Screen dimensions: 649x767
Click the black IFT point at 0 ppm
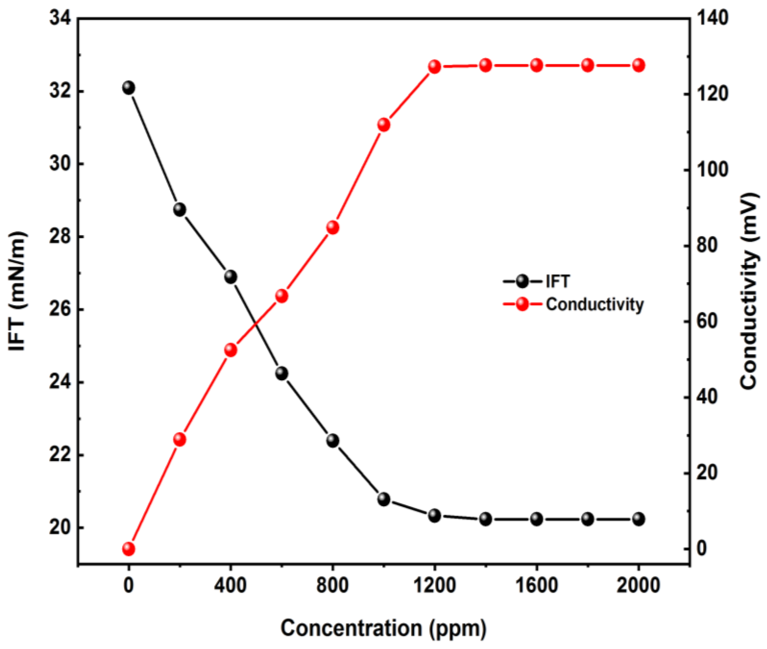point(128,88)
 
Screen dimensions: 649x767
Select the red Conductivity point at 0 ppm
point(128,549)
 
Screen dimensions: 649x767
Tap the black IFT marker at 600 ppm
point(282,373)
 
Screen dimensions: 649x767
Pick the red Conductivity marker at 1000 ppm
point(384,125)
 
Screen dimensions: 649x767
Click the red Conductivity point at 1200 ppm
point(434,67)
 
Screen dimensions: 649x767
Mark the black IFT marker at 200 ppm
point(179,209)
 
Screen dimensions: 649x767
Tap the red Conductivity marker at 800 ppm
point(333,227)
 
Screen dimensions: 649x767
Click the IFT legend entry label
point(557,282)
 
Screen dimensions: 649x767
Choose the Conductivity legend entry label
point(595,305)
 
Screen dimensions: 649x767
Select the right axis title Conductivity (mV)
point(749,291)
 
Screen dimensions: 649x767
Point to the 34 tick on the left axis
point(60,19)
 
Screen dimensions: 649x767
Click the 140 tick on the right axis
point(713,19)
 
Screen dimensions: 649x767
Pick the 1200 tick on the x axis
point(434,585)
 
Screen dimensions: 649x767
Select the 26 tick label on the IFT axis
point(60,310)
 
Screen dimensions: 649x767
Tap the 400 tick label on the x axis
point(231,585)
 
